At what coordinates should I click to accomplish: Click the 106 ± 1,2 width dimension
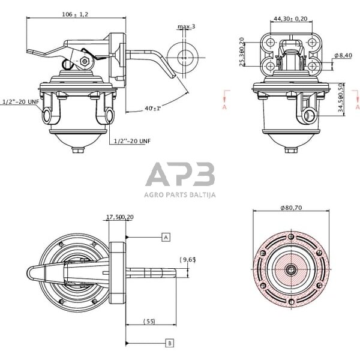tap(74, 14)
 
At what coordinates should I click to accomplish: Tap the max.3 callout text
tap(187, 27)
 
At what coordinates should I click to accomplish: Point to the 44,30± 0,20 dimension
tap(290, 19)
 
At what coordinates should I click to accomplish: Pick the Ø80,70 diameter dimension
tap(290, 208)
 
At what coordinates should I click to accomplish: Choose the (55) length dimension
tap(149, 322)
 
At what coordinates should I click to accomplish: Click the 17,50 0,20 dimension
tap(119, 218)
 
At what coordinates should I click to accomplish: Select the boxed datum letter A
tap(166, 237)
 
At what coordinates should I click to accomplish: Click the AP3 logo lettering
tap(180, 175)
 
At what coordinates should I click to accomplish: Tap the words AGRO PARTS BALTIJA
tap(180, 194)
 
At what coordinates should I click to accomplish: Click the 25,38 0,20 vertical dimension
tap(242, 52)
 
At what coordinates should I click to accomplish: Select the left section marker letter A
tap(223, 107)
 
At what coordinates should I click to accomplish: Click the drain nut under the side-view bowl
tap(79, 150)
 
